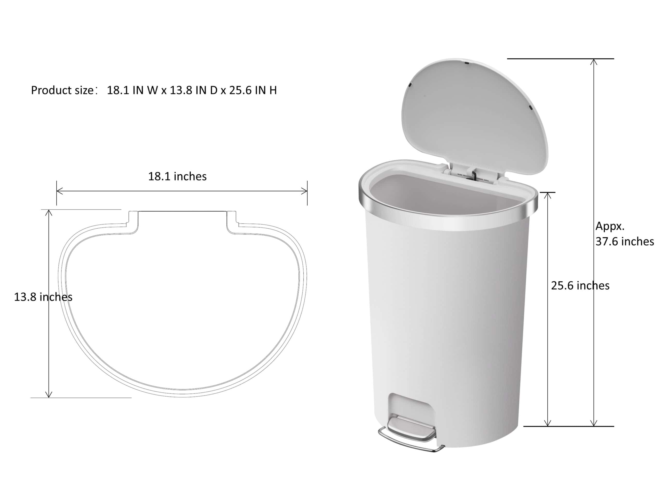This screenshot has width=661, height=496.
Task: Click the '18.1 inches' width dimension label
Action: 177,176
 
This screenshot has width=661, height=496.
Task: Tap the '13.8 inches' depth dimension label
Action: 43,297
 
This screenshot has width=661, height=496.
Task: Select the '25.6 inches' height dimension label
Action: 580,285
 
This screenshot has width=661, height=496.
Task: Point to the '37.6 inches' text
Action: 625,241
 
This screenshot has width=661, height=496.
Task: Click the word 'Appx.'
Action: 610,226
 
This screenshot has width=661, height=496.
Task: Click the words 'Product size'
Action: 62,90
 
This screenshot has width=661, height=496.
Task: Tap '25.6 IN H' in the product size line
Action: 253,90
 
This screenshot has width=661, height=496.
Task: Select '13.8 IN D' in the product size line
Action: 194,90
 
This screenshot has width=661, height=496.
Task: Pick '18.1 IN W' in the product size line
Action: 132,90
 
